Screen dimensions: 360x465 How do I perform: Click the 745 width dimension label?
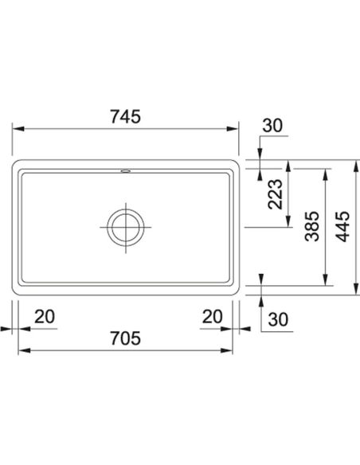click(x=125, y=116)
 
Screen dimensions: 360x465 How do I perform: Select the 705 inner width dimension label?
click(x=125, y=338)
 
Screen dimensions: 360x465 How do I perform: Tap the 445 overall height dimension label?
click(x=343, y=226)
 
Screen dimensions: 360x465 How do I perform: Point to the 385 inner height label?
click(x=312, y=226)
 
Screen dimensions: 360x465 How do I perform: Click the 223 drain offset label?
click(x=276, y=194)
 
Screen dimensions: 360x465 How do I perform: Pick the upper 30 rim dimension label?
click(x=272, y=126)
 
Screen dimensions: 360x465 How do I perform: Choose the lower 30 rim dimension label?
click(x=278, y=320)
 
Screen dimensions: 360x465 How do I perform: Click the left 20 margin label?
click(x=45, y=316)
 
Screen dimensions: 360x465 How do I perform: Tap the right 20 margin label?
click(x=212, y=316)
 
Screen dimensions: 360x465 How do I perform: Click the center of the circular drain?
click(x=126, y=227)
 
